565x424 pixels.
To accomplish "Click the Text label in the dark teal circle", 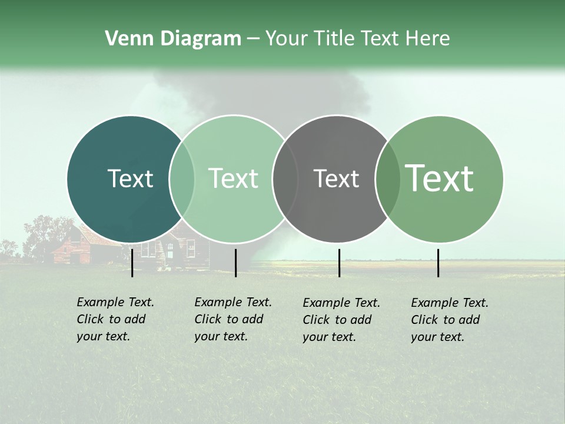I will click(x=130, y=178).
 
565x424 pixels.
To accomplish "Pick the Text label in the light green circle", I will click(x=233, y=178).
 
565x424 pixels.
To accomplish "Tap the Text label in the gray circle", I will click(x=336, y=178).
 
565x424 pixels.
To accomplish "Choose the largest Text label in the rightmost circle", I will click(x=439, y=178).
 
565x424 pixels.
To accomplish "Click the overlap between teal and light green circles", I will click(x=182, y=179).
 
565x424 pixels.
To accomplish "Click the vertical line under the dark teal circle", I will click(x=132, y=263).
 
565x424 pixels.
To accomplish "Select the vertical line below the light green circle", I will click(x=235, y=263).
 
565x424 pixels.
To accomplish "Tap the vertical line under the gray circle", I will click(x=339, y=263).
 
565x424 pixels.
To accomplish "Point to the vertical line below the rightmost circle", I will click(x=438, y=263).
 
